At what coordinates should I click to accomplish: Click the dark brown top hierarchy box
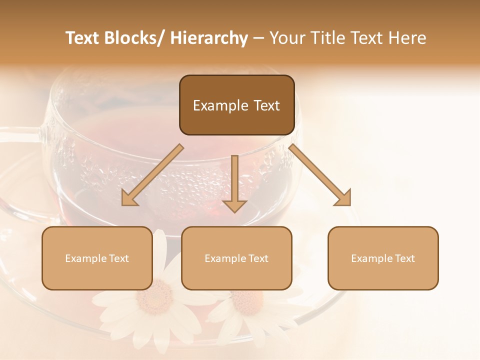tap(236, 105)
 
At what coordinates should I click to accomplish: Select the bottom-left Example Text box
tap(97, 258)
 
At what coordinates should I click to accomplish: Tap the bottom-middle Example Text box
tap(236, 258)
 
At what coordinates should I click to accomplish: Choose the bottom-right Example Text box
tap(383, 258)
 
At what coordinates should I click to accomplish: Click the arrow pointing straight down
tap(234, 182)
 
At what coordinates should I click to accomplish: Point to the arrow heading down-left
tap(152, 175)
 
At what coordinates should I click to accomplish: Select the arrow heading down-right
tap(320, 175)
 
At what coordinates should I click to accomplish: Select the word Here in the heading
tap(409, 38)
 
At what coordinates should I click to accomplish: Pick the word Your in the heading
tap(287, 38)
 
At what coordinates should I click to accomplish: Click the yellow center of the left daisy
tap(154, 297)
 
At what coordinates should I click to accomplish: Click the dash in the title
tap(258, 38)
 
